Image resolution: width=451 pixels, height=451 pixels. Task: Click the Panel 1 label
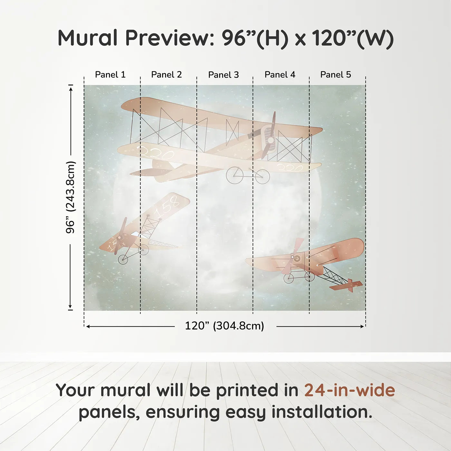click(x=110, y=75)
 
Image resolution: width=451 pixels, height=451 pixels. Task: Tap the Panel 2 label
click(x=167, y=75)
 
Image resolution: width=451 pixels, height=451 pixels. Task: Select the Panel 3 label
click(x=224, y=75)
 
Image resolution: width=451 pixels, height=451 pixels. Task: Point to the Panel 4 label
click(x=280, y=75)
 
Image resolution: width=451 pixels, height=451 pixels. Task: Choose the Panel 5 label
click(x=336, y=75)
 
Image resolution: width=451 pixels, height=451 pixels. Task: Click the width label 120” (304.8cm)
click(x=225, y=326)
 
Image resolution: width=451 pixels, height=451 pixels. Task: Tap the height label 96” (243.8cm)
click(x=70, y=197)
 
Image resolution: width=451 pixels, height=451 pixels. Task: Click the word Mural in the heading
click(x=88, y=38)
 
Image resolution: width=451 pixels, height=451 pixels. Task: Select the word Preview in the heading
click(x=168, y=38)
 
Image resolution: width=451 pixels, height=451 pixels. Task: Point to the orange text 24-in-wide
click(x=350, y=390)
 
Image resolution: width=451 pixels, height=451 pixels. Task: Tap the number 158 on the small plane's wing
click(x=167, y=206)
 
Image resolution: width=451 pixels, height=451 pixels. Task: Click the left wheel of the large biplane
click(x=235, y=175)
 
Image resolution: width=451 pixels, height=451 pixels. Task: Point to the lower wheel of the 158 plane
click(x=123, y=259)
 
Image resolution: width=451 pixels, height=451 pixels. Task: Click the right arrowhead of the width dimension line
click(x=362, y=326)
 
